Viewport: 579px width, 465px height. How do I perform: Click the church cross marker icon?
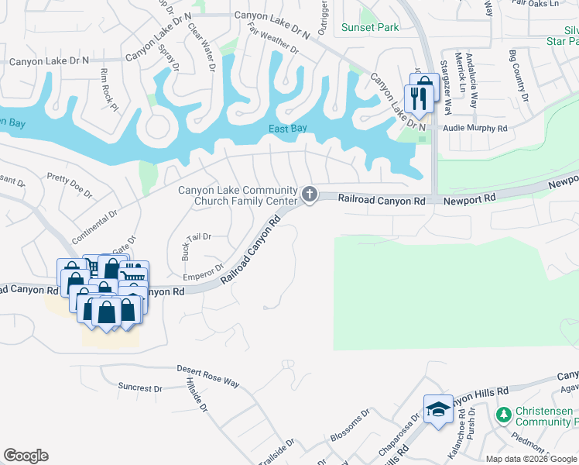(x=310, y=194)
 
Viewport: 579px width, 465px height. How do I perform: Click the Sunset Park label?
(x=371, y=28)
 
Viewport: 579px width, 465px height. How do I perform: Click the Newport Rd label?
(x=470, y=200)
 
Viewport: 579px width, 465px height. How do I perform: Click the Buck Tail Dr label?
(x=196, y=242)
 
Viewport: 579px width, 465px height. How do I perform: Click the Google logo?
(x=26, y=456)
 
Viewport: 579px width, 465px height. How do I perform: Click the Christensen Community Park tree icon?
(x=504, y=416)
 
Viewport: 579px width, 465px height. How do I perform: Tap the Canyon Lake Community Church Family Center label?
(x=238, y=196)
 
